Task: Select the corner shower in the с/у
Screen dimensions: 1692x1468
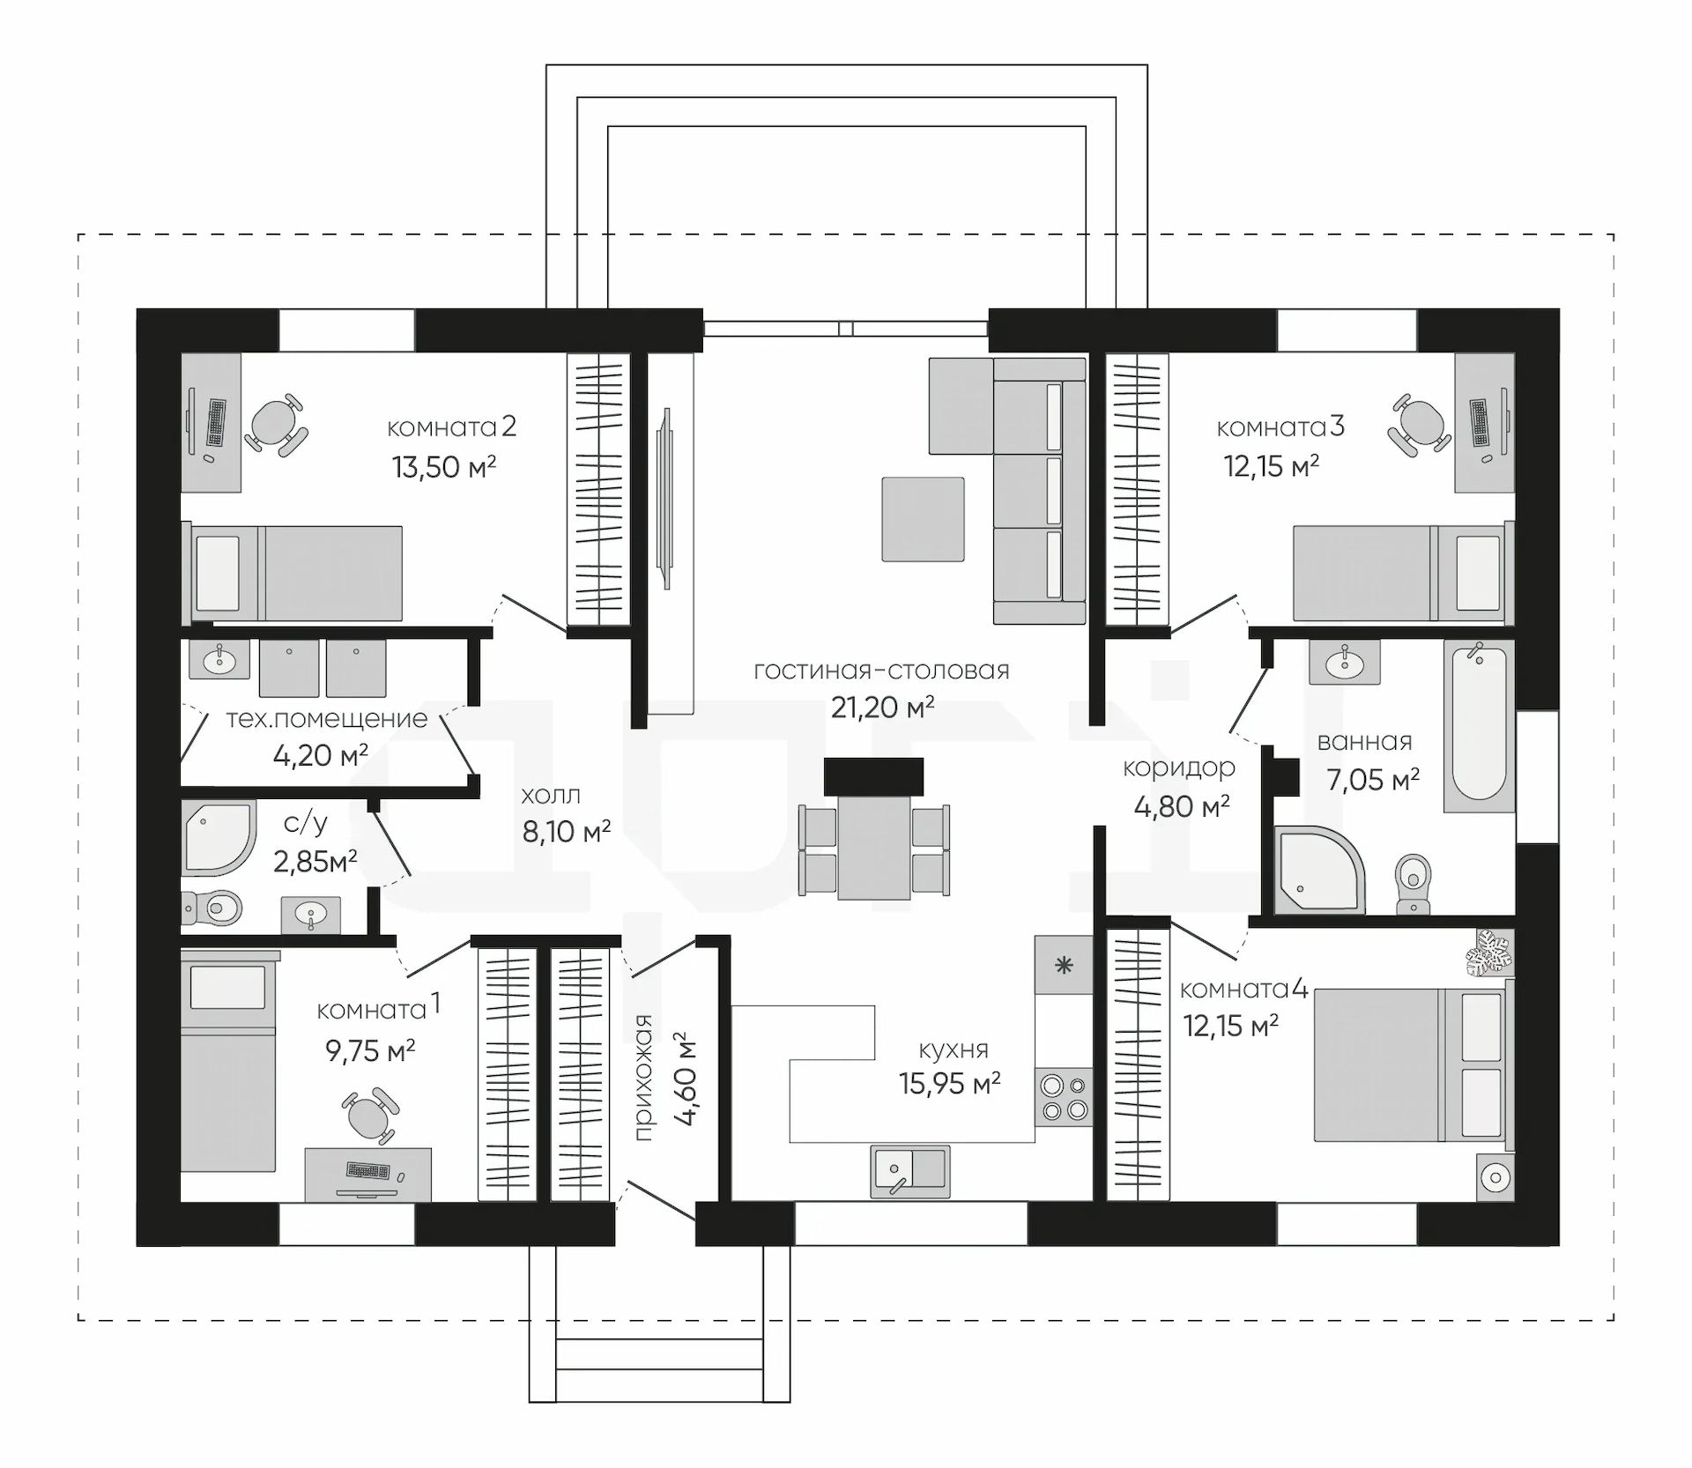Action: tap(218, 838)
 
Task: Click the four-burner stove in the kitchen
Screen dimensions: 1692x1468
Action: tap(1065, 1098)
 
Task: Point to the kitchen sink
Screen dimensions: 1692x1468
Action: tap(910, 1171)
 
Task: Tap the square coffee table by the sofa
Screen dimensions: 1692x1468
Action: tap(923, 519)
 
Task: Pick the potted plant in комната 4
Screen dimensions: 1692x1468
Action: tap(1488, 953)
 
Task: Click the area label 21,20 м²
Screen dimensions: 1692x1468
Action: tap(883, 707)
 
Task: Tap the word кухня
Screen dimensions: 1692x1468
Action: tap(954, 1049)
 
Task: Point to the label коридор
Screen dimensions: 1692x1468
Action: tap(1179, 768)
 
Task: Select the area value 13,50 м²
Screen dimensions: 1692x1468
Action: tap(444, 466)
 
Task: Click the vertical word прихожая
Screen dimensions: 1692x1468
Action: tap(644, 1077)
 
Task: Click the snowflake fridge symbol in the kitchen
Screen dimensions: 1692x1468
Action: tap(1065, 965)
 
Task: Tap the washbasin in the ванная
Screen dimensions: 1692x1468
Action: tap(1345, 661)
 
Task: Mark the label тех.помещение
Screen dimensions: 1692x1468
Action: tap(327, 718)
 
